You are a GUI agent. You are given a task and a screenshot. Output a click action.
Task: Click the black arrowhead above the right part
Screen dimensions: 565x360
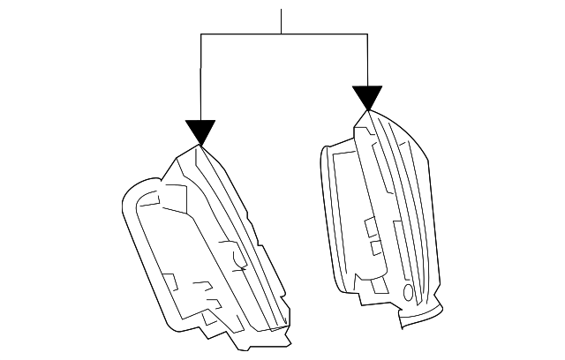coord(367,98)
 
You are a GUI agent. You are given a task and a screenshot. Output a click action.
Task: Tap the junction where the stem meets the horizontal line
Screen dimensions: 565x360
coord(282,34)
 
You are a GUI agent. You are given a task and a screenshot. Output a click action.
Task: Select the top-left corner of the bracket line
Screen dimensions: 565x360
coord(202,34)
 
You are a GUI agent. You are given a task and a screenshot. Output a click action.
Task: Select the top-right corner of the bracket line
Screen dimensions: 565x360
coord(367,34)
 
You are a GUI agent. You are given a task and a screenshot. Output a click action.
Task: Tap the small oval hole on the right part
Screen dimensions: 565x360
coord(407,292)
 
